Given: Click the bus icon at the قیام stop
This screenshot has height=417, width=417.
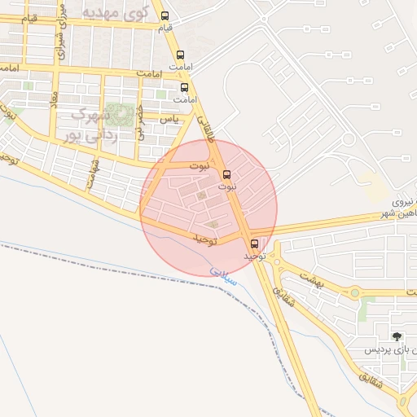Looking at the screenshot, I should pos(165,16).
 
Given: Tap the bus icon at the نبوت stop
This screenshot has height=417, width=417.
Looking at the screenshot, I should pos(226,173).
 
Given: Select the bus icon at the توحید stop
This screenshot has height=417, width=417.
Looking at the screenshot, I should pos(254,243).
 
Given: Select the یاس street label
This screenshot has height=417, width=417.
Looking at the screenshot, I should pos(169,119).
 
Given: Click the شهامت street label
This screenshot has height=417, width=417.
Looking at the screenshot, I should pos(94,173).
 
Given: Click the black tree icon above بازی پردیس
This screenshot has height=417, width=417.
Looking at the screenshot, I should pos(397,336).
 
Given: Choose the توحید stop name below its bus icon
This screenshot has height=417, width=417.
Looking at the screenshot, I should pos(254,256).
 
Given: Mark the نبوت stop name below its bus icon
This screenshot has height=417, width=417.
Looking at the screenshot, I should pos(227,187).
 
